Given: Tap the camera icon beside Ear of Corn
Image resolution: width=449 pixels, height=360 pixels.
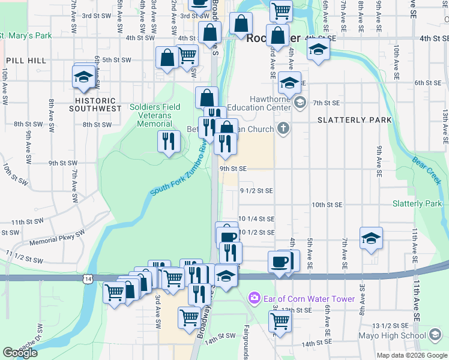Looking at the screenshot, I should (x=254, y=298).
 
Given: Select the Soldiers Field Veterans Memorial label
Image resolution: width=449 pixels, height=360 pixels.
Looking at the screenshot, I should (x=155, y=115).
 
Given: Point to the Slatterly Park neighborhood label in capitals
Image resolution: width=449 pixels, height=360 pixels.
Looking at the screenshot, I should (x=354, y=120).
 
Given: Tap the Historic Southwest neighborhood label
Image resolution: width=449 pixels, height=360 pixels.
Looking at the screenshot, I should (x=95, y=104).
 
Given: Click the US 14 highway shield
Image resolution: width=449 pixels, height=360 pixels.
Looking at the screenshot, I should (x=89, y=279).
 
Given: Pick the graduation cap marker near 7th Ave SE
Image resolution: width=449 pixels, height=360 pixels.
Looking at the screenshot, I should (x=371, y=238).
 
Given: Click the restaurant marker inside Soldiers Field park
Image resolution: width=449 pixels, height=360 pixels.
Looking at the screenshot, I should (x=169, y=141).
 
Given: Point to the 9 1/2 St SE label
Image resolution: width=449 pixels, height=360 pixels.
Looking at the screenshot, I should (x=256, y=190).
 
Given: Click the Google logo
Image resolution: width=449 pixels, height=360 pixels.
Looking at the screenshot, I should (x=20, y=353).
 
